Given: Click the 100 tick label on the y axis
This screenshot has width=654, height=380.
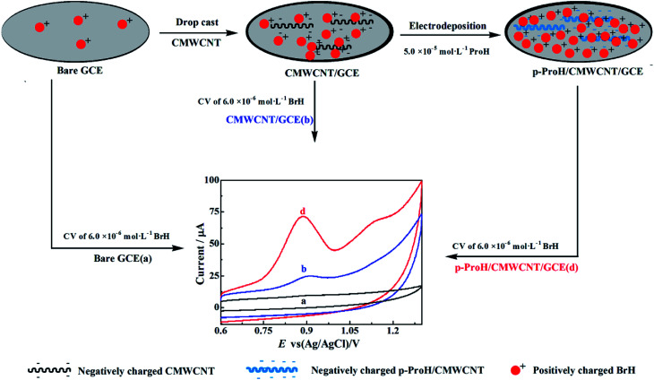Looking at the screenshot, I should [210, 180].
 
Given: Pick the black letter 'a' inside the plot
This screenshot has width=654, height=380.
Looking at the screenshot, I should [305, 301].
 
